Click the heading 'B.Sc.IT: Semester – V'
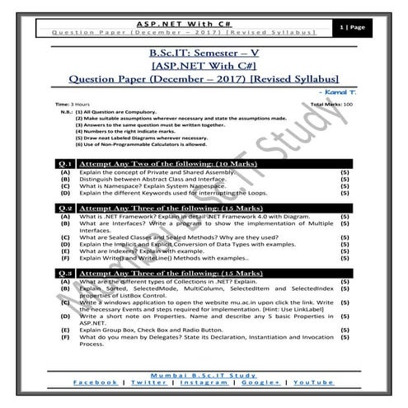tap(204, 54)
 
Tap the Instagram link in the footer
tap(203, 384)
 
